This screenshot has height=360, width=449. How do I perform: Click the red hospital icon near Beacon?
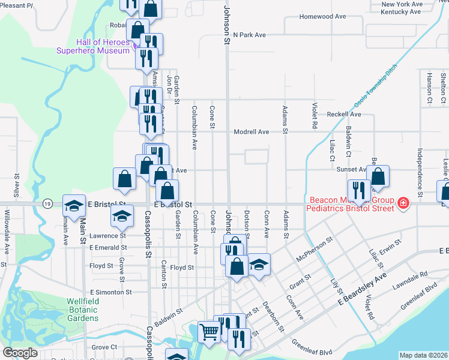coord(403,204)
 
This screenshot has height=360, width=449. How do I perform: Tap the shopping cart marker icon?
coord(208,331)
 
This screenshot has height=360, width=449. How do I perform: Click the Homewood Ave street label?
coord(323,16)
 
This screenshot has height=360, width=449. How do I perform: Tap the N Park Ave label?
coord(249,35)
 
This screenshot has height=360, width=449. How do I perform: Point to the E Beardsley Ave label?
coord(362,291)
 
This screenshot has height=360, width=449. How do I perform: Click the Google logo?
coord(20,353)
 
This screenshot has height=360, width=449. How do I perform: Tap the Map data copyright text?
coord(424,355)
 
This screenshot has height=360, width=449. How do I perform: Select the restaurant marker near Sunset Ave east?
coord(359,190)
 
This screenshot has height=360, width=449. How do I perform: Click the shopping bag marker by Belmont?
coord(378,176)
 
